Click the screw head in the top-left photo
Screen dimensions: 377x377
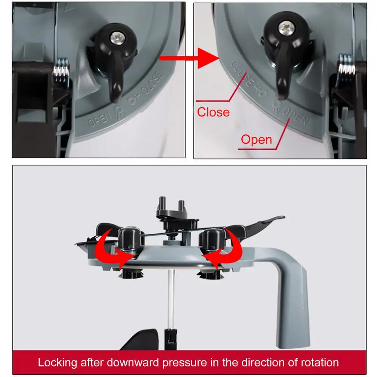tap(118, 37)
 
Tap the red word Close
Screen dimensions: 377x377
tap(213, 112)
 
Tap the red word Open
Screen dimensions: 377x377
tap(256, 139)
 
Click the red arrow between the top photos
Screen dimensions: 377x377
tap(189, 58)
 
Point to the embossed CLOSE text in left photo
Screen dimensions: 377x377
tap(153, 83)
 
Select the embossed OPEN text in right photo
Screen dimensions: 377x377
tap(295, 116)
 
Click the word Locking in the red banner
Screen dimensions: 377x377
tap(57, 363)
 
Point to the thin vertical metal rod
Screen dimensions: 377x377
tap(172, 298)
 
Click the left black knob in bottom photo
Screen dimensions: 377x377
tap(129, 239)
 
